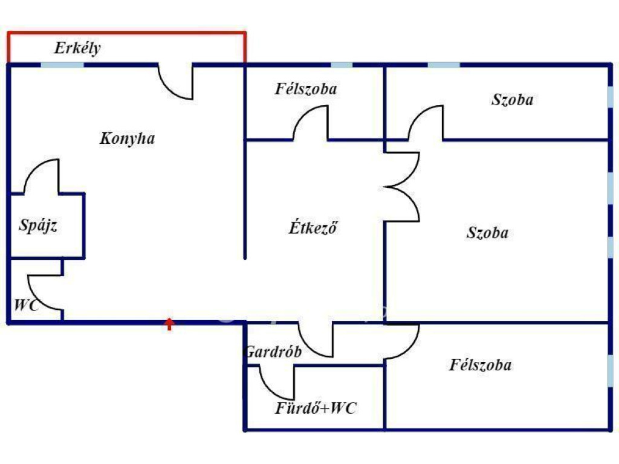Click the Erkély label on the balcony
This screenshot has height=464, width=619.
pyautogui.click(x=77, y=48)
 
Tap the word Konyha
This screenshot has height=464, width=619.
pyautogui.click(x=127, y=138)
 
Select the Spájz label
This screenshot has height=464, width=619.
pyautogui.click(x=39, y=226)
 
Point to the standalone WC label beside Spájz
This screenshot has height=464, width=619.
pyautogui.click(x=26, y=306)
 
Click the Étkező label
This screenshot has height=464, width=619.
pyautogui.click(x=311, y=228)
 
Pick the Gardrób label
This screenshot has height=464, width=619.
pyautogui.click(x=273, y=352)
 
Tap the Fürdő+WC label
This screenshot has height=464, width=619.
pyautogui.click(x=316, y=408)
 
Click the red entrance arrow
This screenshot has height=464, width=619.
pyautogui.click(x=170, y=324)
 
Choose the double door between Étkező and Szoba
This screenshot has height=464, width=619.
pyautogui.click(x=404, y=186)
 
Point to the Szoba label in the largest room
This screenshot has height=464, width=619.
pyautogui.click(x=487, y=233)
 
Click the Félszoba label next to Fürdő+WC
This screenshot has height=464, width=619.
pyautogui.click(x=480, y=365)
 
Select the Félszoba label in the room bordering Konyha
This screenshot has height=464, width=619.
pyautogui.click(x=305, y=89)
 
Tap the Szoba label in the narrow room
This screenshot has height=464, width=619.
pyautogui.click(x=512, y=100)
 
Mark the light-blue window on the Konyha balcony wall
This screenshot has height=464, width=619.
pyautogui.click(x=62, y=64)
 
